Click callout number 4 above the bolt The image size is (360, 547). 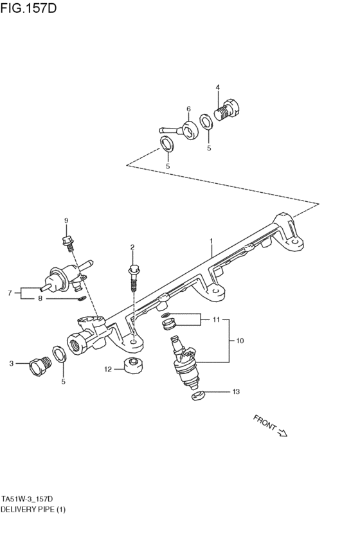coord(217,87)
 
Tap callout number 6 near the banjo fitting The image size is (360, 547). coord(188,109)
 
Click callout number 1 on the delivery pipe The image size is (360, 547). coord(210,242)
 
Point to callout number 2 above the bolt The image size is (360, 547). coord(132,247)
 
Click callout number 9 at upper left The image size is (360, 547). coord(66,221)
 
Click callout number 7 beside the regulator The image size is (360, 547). coord(10,293)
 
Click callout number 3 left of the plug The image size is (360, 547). coord(11,364)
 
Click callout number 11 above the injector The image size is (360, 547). coord(216,319)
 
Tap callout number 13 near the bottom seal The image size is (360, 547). coord(235,391)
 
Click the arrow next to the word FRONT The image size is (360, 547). coord(282,433)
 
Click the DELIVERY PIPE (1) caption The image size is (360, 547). coord(33,509)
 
